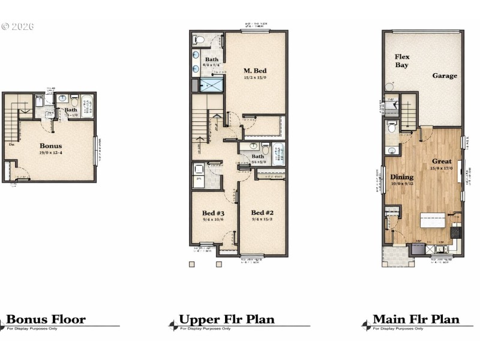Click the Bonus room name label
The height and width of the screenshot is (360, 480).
(51, 145)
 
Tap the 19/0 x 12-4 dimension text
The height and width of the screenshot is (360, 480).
(51, 153)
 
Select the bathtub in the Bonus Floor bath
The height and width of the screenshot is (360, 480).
(88, 106)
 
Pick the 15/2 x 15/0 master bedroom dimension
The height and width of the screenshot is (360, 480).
(255, 77)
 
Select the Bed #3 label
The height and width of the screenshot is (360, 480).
(213, 213)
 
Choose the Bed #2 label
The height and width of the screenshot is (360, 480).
(262, 213)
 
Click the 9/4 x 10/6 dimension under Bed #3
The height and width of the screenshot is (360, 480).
(213, 220)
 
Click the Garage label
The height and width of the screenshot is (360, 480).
(445, 76)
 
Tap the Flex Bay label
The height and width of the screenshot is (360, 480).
(402, 61)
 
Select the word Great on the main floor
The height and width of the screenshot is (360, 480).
(442, 161)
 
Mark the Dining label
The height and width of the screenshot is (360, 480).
(402, 177)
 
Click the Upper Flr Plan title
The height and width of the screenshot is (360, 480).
(226, 319)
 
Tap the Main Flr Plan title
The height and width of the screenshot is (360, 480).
(416, 319)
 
